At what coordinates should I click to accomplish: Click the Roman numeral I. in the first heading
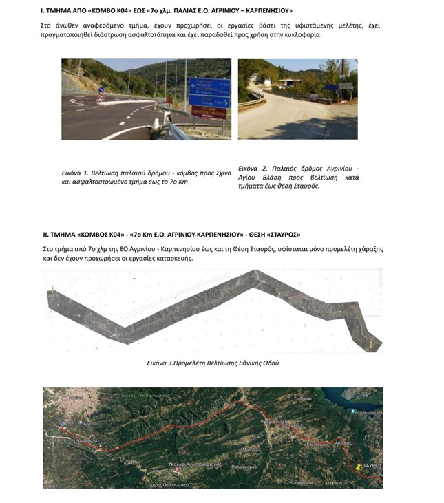(x=43, y=11)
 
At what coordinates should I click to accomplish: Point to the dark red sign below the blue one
(x=209, y=112)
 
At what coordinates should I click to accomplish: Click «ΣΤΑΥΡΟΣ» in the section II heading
(x=282, y=234)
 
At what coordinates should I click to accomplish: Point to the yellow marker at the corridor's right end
(x=371, y=342)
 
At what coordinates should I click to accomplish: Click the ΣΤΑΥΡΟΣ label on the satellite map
(x=371, y=466)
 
